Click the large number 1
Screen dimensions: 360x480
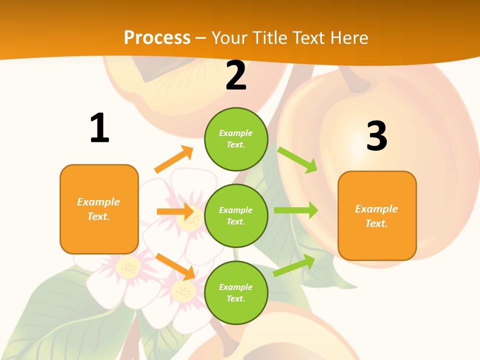pyautogui.click(x=99, y=128)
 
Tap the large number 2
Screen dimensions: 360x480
pyautogui.click(x=236, y=76)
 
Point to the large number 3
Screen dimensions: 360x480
pyautogui.click(x=376, y=136)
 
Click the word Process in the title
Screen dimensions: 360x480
pyautogui.click(x=157, y=37)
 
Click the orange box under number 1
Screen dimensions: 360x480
pyautogui.click(x=99, y=209)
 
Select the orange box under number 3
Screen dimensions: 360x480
pyautogui.click(x=377, y=215)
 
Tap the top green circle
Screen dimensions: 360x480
pyautogui.click(x=236, y=139)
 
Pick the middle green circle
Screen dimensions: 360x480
pyautogui.click(x=236, y=215)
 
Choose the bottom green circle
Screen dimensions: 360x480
pyautogui.click(x=236, y=292)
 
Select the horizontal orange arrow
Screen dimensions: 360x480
pyautogui.click(x=175, y=211)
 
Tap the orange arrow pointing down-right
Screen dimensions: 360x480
pyautogui.click(x=175, y=266)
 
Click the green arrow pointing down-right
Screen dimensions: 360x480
pyautogui.click(x=298, y=160)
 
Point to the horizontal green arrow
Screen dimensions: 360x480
pyautogui.click(x=296, y=210)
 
